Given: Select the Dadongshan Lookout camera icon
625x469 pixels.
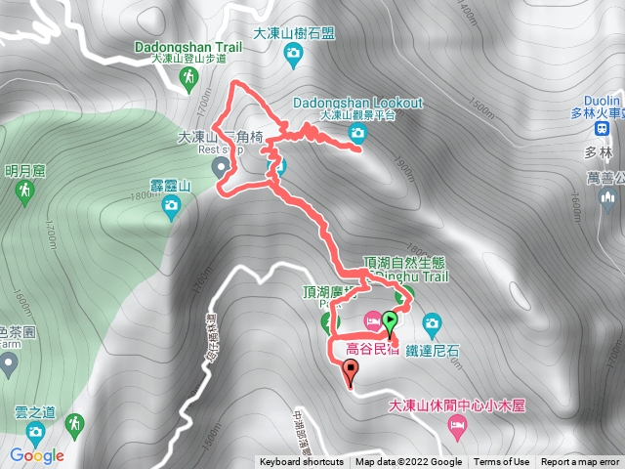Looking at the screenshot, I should pos(356,132).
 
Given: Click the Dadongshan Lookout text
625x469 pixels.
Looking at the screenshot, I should pos(357,103).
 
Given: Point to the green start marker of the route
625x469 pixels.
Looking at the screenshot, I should pos(390,320).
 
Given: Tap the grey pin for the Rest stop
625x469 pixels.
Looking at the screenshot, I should pos(221,167).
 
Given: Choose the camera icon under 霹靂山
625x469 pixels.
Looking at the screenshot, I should pos(172,204).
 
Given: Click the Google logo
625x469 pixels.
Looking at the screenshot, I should pos(36,456).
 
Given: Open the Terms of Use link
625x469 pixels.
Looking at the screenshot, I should pos(502,462).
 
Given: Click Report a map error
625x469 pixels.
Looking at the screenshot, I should pos(580,462).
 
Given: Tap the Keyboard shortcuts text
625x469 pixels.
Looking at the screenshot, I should pos(302,462).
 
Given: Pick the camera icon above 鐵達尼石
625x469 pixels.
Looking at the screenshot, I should pos(431,321).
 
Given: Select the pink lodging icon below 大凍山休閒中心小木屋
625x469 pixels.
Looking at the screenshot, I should pos(455,425).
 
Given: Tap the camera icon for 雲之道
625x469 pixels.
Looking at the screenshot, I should pos(35,432).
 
